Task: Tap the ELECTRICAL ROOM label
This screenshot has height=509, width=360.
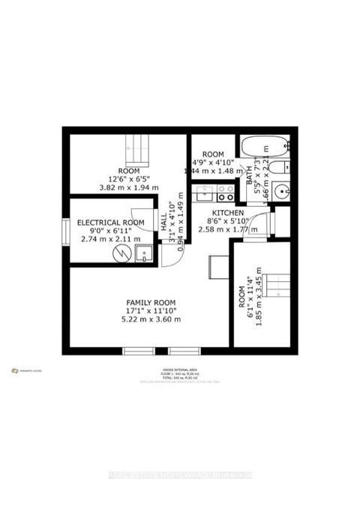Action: click(110, 223)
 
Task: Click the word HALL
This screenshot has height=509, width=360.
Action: click(164, 223)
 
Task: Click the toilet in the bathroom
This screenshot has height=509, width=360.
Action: click(279, 167)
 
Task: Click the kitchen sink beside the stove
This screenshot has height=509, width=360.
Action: click(204, 193)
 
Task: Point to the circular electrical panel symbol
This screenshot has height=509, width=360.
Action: click(120, 253)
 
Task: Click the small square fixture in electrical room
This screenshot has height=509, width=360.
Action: click(142, 253)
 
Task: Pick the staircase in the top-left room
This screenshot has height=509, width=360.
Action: click(137, 149)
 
